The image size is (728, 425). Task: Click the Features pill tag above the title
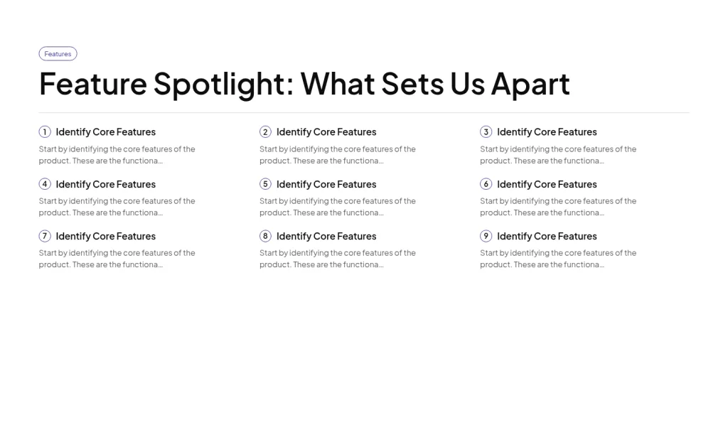pyautogui.click(x=58, y=54)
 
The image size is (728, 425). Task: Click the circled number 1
pyautogui.click(x=45, y=132)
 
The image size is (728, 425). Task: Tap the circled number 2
pyautogui.click(x=265, y=132)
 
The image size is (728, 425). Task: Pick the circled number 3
pyautogui.click(x=486, y=132)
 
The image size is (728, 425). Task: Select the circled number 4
pyautogui.click(x=45, y=184)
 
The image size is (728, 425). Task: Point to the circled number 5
pyautogui.click(x=265, y=184)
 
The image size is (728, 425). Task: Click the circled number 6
pyautogui.click(x=486, y=184)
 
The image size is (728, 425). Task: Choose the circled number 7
pyautogui.click(x=45, y=236)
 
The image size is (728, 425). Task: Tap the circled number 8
pyautogui.click(x=265, y=236)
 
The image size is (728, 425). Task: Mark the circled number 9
pyautogui.click(x=486, y=236)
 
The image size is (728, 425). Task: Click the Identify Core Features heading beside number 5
pyautogui.click(x=326, y=184)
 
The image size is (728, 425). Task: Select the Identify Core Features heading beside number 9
pyautogui.click(x=547, y=236)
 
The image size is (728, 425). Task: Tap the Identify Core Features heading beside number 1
pyautogui.click(x=106, y=132)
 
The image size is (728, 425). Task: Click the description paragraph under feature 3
pyautogui.click(x=557, y=155)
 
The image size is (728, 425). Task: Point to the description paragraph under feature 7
pyautogui.click(x=117, y=259)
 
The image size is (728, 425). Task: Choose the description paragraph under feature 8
pyautogui.click(x=337, y=259)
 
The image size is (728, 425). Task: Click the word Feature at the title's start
pyautogui.click(x=92, y=84)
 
